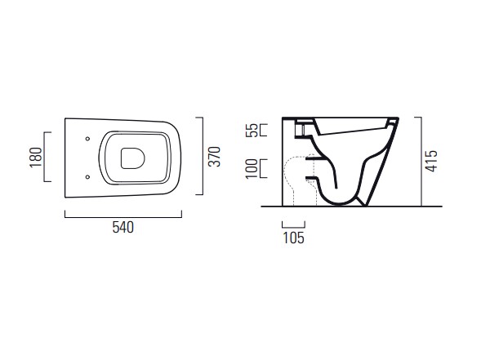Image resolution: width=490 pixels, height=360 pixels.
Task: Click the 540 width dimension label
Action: [123, 228]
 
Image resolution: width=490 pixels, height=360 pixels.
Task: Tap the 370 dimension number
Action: [214, 156]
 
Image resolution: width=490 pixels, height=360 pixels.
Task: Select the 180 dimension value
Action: [36, 158]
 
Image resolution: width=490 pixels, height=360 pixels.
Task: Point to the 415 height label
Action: [431, 161]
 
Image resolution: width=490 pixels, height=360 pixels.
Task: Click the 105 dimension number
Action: [293, 238]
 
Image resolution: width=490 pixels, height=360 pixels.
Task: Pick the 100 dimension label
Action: [252, 169]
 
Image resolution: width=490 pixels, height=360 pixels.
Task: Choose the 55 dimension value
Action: [252, 131]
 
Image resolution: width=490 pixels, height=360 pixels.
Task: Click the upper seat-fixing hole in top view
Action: [87, 139]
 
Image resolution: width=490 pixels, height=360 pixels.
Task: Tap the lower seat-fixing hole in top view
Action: [87, 177]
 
